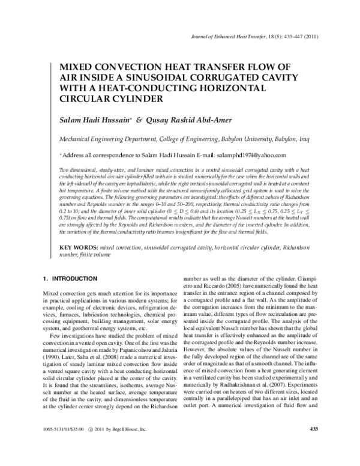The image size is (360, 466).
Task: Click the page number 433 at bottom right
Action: (x=312, y=445)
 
